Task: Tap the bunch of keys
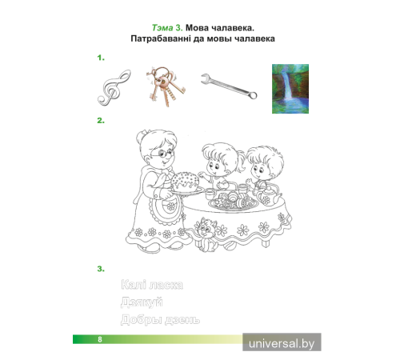(165, 86)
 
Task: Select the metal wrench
(229, 86)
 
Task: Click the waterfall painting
(290, 89)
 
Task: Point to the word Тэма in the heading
(162, 28)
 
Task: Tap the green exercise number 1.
(101, 58)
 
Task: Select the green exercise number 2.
(101, 121)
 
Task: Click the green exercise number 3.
(101, 269)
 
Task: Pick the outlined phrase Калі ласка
(152, 285)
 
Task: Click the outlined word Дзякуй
(142, 302)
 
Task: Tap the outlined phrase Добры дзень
(160, 319)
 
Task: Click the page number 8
(100, 339)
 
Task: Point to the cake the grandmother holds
(185, 182)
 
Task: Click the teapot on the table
(268, 195)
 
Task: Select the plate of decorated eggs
(234, 202)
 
